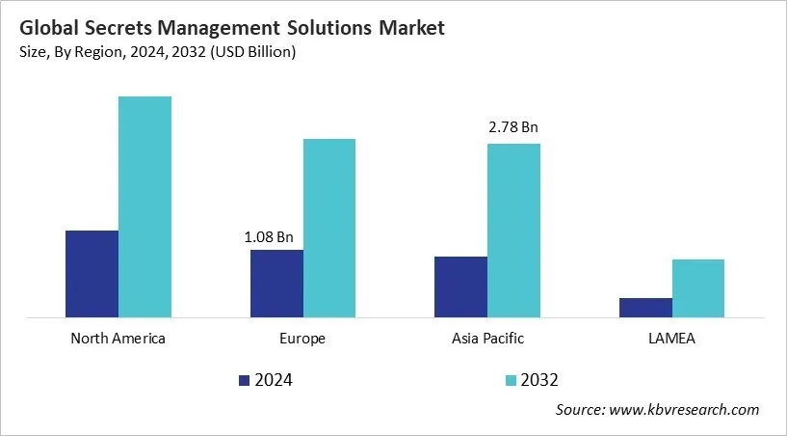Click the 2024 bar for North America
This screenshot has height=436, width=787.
92,273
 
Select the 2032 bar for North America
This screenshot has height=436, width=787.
144,206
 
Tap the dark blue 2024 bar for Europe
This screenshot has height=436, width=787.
276,283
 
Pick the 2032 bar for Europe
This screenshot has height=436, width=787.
329,228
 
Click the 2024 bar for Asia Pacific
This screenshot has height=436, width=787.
460,286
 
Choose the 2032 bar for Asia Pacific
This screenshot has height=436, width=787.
513,230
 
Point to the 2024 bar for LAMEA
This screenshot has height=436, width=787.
645,307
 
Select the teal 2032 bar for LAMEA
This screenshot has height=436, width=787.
698,287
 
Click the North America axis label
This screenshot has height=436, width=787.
118,339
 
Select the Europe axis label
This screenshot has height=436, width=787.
302,339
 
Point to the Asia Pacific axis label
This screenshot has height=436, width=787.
487,339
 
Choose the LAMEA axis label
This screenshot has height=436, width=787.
671,339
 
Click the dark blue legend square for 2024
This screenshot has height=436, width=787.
244,380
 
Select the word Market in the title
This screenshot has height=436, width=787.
405,28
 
